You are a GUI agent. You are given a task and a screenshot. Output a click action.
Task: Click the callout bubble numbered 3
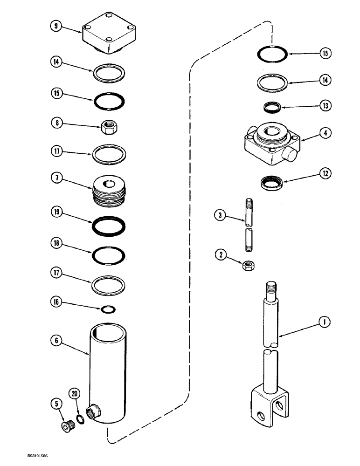219,215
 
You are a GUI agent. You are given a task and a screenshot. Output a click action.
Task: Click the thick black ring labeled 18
109,254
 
